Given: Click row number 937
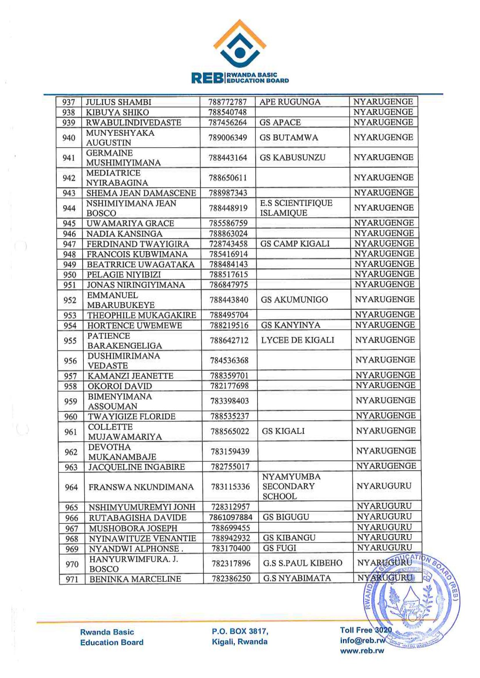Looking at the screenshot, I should coord(69,102).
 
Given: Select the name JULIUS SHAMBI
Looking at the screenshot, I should coord(119,102).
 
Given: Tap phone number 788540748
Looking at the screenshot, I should coord(227,112).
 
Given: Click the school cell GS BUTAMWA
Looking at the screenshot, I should coord(289,138).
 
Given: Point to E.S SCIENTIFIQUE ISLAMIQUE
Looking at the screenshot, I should coord(296,208).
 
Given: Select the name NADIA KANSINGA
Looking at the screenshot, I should coord(124,234).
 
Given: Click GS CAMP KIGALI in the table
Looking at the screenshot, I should coord(295,244).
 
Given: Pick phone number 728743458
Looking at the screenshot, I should coord(228,244).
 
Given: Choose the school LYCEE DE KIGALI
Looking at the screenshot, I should coord(298,340).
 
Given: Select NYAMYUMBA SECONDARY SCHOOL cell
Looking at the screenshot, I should coord(291,487).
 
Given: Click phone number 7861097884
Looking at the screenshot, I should coord(230,517).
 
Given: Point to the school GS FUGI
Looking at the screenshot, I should coord(279,548).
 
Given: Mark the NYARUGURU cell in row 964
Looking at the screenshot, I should coord(384,486).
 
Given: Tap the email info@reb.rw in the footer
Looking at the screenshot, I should coord(362,640).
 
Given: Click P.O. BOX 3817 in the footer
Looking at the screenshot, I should coord(240,631).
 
